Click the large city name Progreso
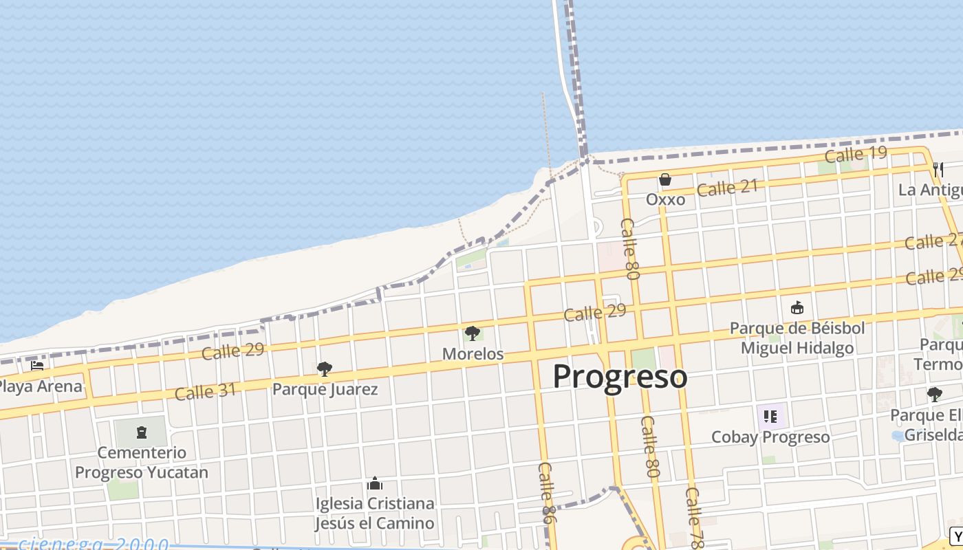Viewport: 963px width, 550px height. [x=620, y=377]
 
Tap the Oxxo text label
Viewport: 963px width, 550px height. [x=665, y=199]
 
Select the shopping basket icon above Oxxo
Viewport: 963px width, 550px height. [x=665, y=180]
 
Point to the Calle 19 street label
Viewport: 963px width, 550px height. [x=855, y=155]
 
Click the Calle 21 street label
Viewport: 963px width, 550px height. [x=727, y=187]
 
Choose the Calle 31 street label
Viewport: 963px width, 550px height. [x=205, y=392]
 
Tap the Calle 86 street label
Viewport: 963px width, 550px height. [x=547, y=492]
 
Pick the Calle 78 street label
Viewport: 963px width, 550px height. [x=695, y=517]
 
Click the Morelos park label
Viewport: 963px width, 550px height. [x=473, y=354]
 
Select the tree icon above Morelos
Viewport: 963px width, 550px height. [x=473, y=334]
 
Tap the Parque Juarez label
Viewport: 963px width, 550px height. [x=325, y=389]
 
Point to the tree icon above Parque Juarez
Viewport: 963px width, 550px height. [x=325, y=370]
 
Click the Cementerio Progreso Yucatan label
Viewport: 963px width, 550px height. [x=141, y=463]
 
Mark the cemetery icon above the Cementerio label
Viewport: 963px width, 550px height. [x=141, y=432]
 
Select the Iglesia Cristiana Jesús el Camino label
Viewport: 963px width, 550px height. [x=375, y=513]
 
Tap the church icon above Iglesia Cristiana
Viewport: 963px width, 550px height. [x=375, y=484]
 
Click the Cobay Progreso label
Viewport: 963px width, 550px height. [x=770, y=437]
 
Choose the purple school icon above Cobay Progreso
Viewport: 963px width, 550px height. [x=770, y=416]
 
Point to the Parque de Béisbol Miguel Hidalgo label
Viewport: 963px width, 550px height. [x=797, y=338]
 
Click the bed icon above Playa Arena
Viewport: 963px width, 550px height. [x=37, y=366]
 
